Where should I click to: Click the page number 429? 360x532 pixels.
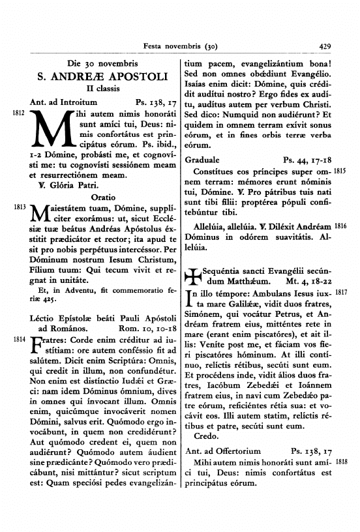pos(327,46)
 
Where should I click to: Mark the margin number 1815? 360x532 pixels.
pos(340,171)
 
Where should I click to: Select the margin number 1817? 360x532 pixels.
pos(340,294)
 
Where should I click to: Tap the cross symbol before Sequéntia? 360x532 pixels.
pos(194,277)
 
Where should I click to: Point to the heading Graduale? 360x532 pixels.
pos(202,159)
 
